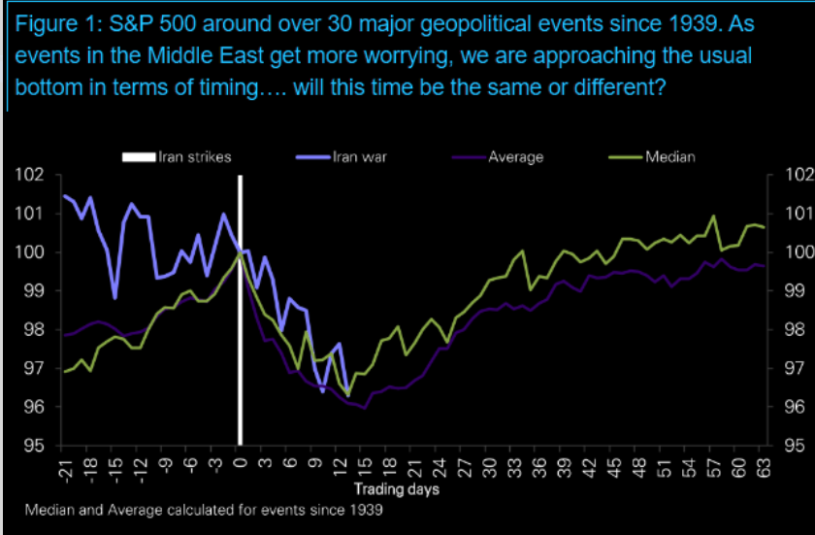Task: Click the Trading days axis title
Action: pyautogui.click(x=396, y=488)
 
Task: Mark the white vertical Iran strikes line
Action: pyautogui.click(x=240, y=311)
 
